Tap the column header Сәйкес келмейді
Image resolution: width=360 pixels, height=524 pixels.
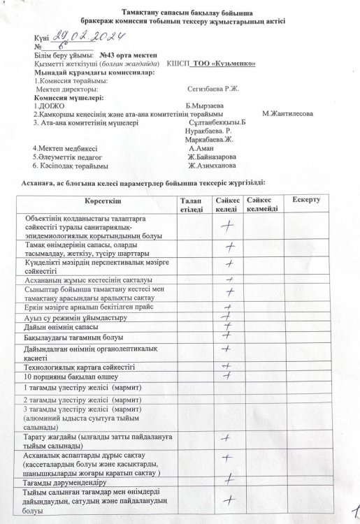tap(264, 205)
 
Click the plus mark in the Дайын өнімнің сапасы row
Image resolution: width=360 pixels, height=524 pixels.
tap(226, 326)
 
